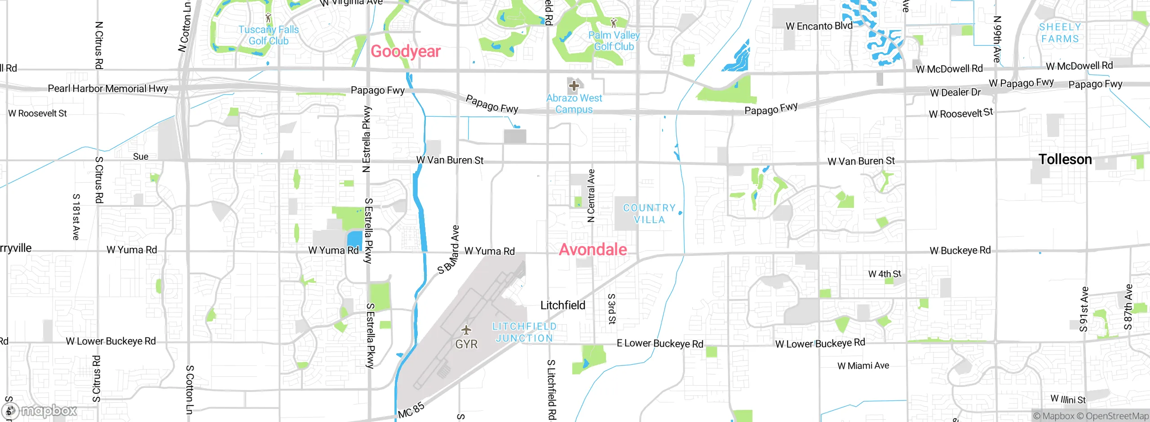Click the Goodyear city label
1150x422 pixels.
[x=405, y=52]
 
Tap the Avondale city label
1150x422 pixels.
[x=593, y=250]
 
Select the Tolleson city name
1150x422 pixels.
[x=1065, y=159]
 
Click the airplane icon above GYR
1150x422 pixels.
[x=466, y=330]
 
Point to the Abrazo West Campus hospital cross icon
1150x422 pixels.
[x=574, y=85]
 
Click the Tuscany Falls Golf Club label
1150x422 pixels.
[x=269, y=35]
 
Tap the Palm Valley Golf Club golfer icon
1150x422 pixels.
[x=614, y=22]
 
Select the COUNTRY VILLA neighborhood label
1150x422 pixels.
[x=649, y=214]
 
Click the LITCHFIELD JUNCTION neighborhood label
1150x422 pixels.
[x=524, y=332]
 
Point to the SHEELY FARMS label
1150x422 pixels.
[x=1060, y=33]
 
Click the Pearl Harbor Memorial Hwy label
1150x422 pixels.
[x=108, y=88]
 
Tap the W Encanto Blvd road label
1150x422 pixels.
[x=818, y=26]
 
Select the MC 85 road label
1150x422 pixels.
[x=411, y=410]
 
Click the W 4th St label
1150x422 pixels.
[x=884, y=274]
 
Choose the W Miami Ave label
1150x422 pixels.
[x=863, y=366]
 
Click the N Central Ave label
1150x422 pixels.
[x=591, y=196]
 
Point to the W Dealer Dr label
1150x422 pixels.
[x=955, y=92]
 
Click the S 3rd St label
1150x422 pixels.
[x=611, y=309]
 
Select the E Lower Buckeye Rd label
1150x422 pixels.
[x=659, y=343]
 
